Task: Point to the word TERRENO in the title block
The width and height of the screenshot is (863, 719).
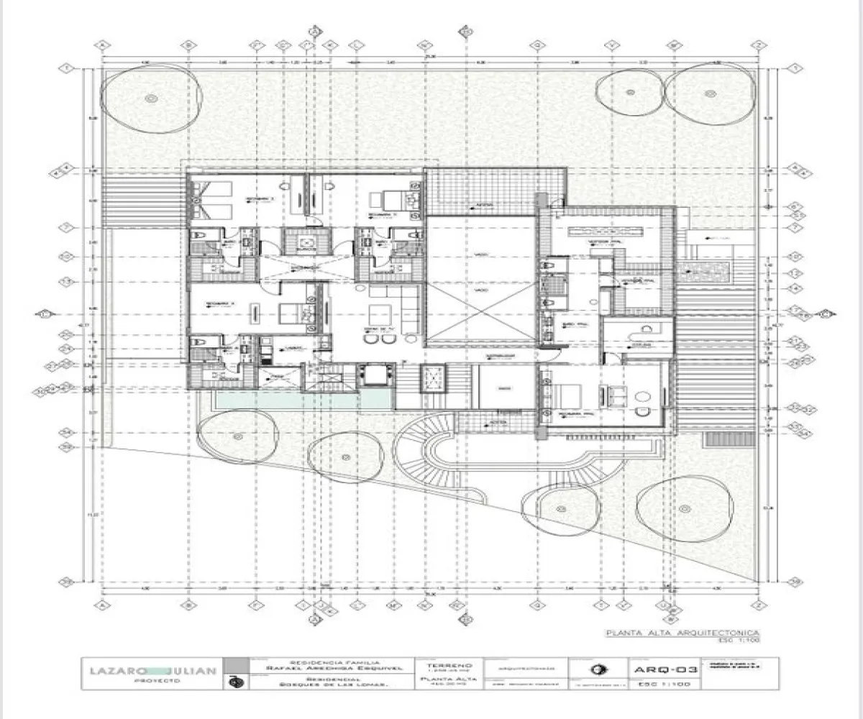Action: (449, 666)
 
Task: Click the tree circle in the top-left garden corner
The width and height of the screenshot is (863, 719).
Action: (150, 98)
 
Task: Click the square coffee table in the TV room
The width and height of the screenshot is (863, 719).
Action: (379, 314)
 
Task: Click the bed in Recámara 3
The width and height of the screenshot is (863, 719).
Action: (213, 201)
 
